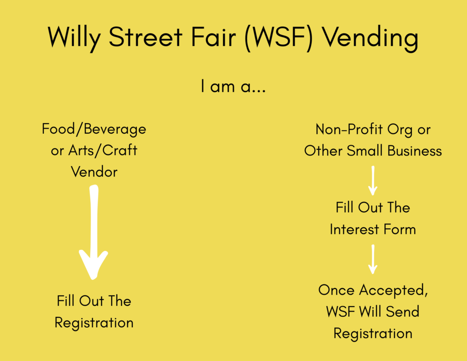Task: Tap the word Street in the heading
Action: coord(145,37)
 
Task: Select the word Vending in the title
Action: coord(371,39)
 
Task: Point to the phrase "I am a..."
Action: coord(233,86)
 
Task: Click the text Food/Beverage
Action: coord(94,129)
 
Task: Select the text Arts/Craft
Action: coord(103,151)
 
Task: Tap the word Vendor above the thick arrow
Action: coord(94,172)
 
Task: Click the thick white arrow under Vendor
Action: coord(93,232)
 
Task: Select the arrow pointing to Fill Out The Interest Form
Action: coord(373,181)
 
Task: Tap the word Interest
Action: coord(354,230)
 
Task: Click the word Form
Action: coord(400,230)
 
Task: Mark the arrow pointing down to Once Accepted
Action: coord(373,259)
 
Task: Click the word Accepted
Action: coord(394,290)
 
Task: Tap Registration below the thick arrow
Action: coord(94,323)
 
